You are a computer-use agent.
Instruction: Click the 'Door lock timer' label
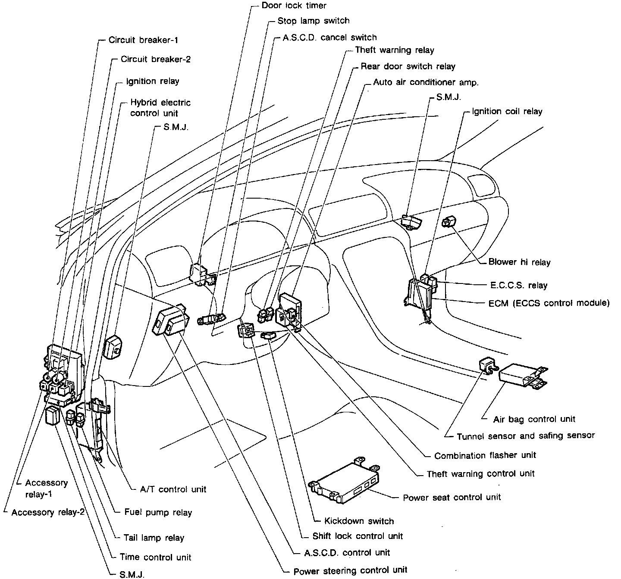click(x=294, y=6)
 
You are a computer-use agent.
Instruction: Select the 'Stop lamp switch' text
click(x=314, y=21)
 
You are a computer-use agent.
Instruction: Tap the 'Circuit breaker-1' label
click(x=143, y=40)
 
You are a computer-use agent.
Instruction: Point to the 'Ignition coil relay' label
click(x=507, y=111)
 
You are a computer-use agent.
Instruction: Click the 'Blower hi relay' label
click(x=519, y=262)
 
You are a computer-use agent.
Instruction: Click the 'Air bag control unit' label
click(x=534, y=419)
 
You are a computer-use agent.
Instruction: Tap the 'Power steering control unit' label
click(x=350, y=571)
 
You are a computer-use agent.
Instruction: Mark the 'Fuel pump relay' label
click(x=158, y=513)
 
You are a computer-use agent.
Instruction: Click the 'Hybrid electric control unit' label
click(x=160, y=108)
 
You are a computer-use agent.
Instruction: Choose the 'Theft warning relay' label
click(x=394, y=50)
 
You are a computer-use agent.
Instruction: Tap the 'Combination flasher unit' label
click(x=485, y=455)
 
